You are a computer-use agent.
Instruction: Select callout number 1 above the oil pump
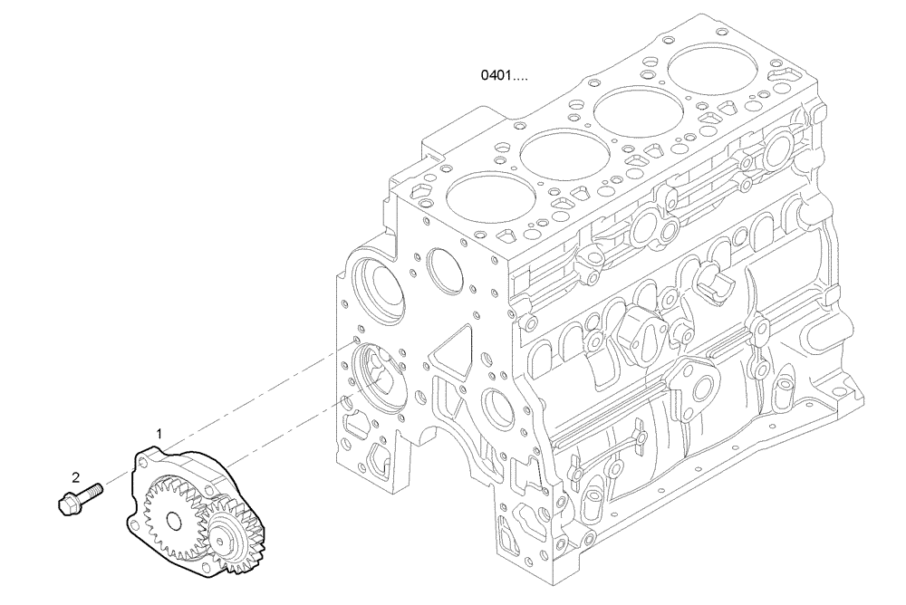coord(159,435)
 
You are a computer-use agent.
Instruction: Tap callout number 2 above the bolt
coord(76,476)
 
